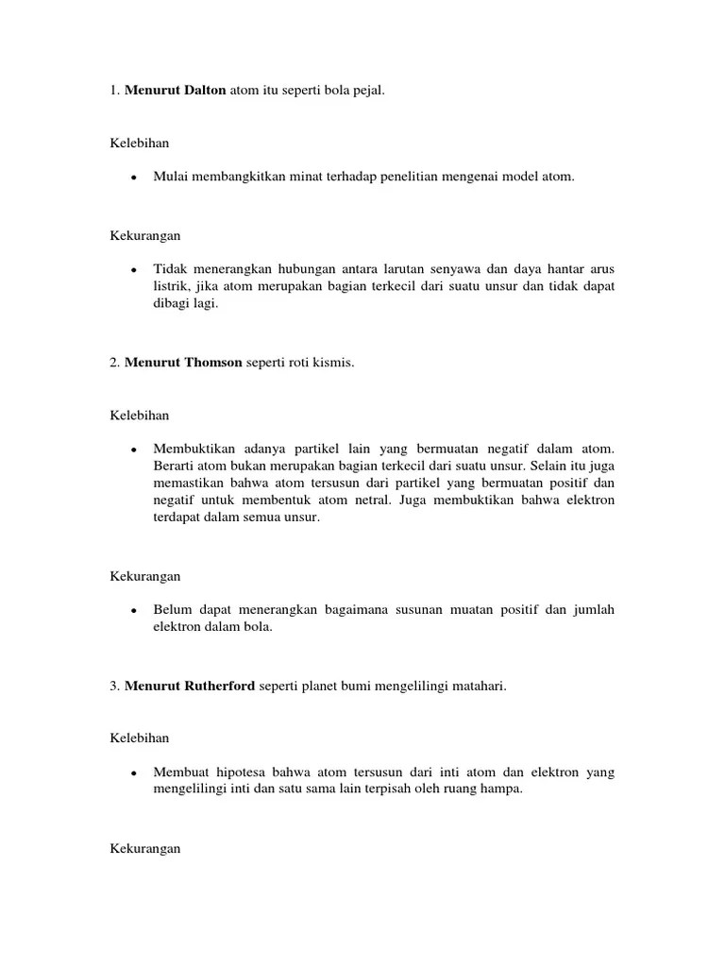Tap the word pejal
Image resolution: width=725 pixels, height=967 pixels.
(x=368, y=89)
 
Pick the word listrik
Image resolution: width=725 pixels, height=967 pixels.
(x=171, y=287)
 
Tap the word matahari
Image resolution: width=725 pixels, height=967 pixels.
(x=480, y=687)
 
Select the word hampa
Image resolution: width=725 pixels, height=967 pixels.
(x=500, y=789)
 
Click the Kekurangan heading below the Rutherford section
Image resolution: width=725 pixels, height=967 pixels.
(x=144, y=849)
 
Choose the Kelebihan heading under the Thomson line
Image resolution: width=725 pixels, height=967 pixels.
(x=139, y=415)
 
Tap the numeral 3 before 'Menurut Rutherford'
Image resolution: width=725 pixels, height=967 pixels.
(x=113, y=687)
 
